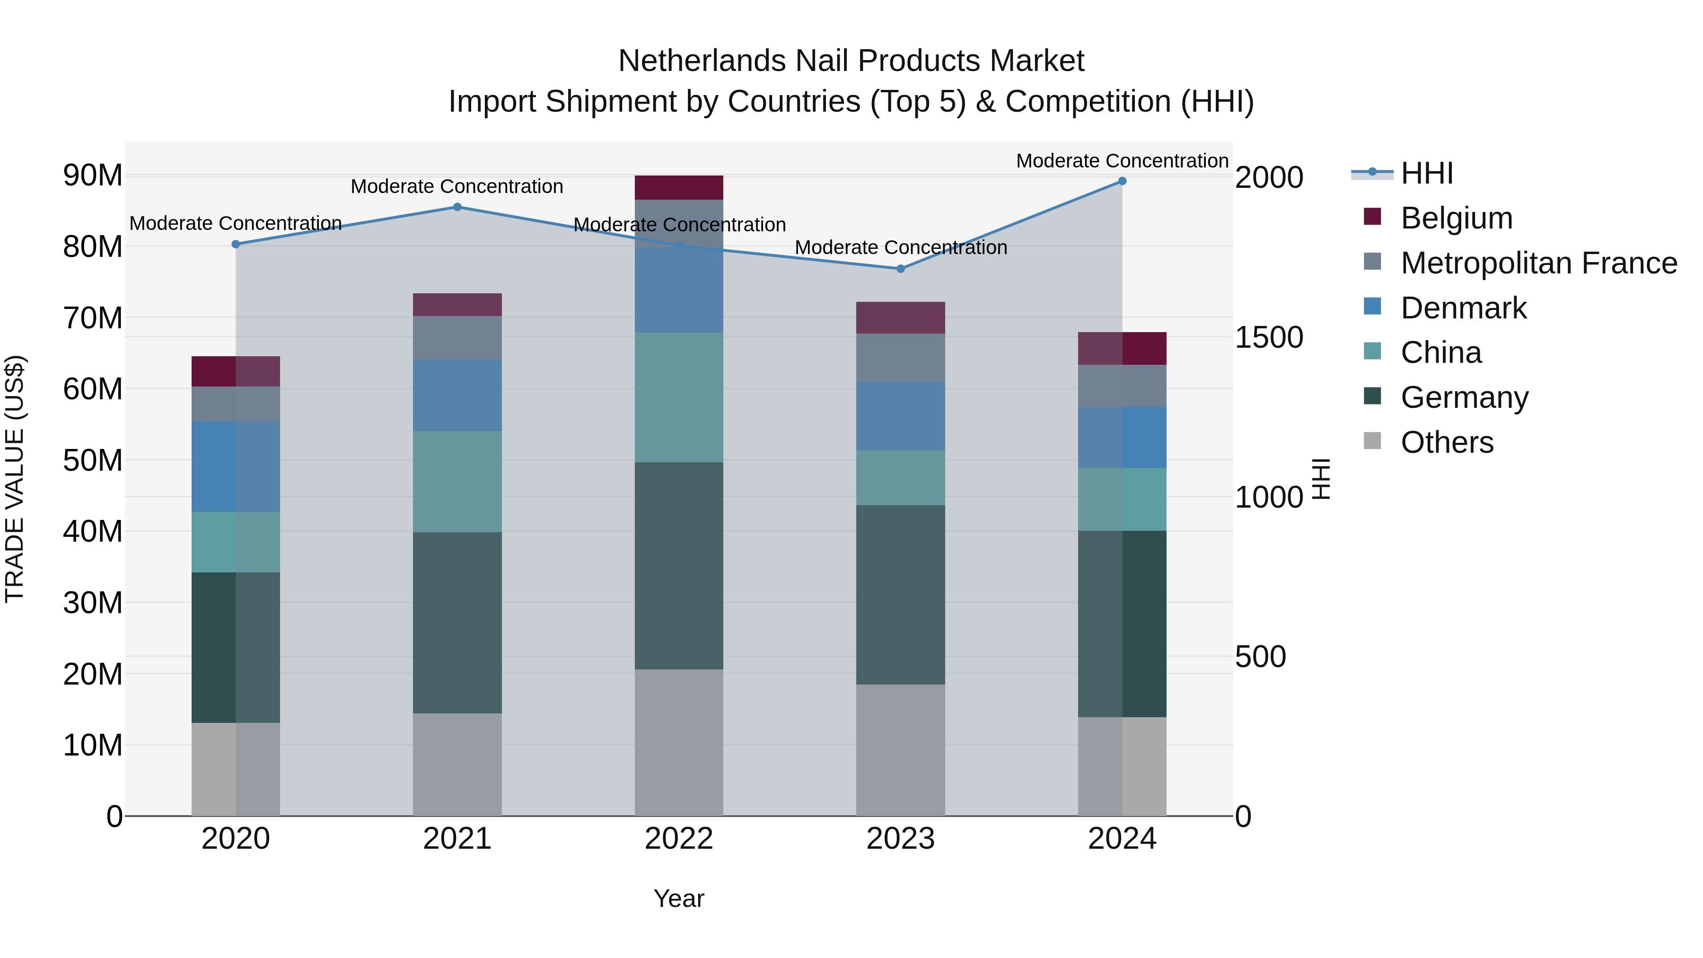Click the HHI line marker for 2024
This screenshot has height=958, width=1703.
pos(1122,181)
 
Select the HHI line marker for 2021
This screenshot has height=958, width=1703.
pos(457,207)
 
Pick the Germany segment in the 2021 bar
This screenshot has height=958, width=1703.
pos(457,622)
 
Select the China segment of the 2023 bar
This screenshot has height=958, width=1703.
pos(900,478)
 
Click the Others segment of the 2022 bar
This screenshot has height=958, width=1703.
pos(679,742)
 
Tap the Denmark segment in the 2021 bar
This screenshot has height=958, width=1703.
pos(457,396)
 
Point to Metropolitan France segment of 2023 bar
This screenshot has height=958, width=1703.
pos(900,358)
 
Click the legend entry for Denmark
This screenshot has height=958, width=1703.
pos(1463,308)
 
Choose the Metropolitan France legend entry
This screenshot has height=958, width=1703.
pos(1538,263)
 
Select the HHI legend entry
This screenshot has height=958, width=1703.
pos(1427,173)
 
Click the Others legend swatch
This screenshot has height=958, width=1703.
pos(1372,441)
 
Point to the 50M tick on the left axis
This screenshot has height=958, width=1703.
pos(93,460)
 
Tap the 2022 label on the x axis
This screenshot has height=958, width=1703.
pos(679,839)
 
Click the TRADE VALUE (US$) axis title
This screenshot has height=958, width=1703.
pos(15,479)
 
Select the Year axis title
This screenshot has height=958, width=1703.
pos(679,898)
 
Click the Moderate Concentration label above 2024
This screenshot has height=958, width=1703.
pos(1122,161)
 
